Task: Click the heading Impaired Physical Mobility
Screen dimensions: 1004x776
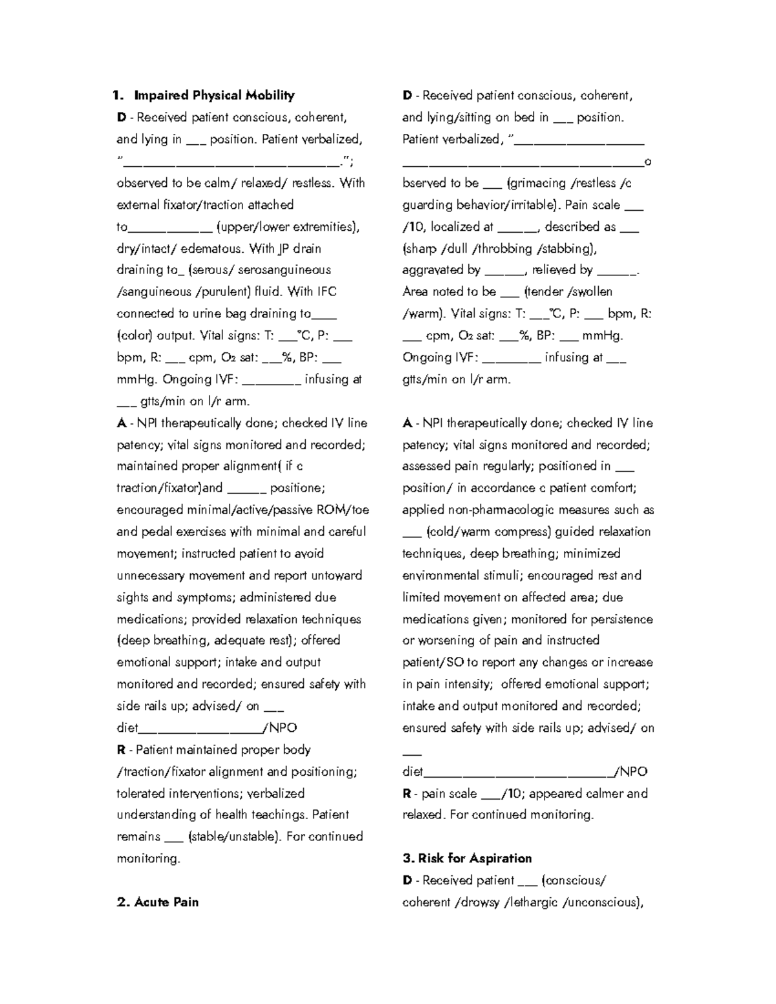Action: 214,96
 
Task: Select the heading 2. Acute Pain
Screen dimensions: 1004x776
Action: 158,902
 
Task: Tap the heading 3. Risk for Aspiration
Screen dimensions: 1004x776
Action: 467,859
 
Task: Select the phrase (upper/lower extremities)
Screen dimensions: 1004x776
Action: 288,227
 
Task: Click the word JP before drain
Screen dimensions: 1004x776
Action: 284,249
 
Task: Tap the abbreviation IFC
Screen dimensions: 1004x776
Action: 327,292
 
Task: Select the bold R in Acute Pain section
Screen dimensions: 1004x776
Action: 407,793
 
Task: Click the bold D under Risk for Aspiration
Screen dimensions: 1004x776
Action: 407,881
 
